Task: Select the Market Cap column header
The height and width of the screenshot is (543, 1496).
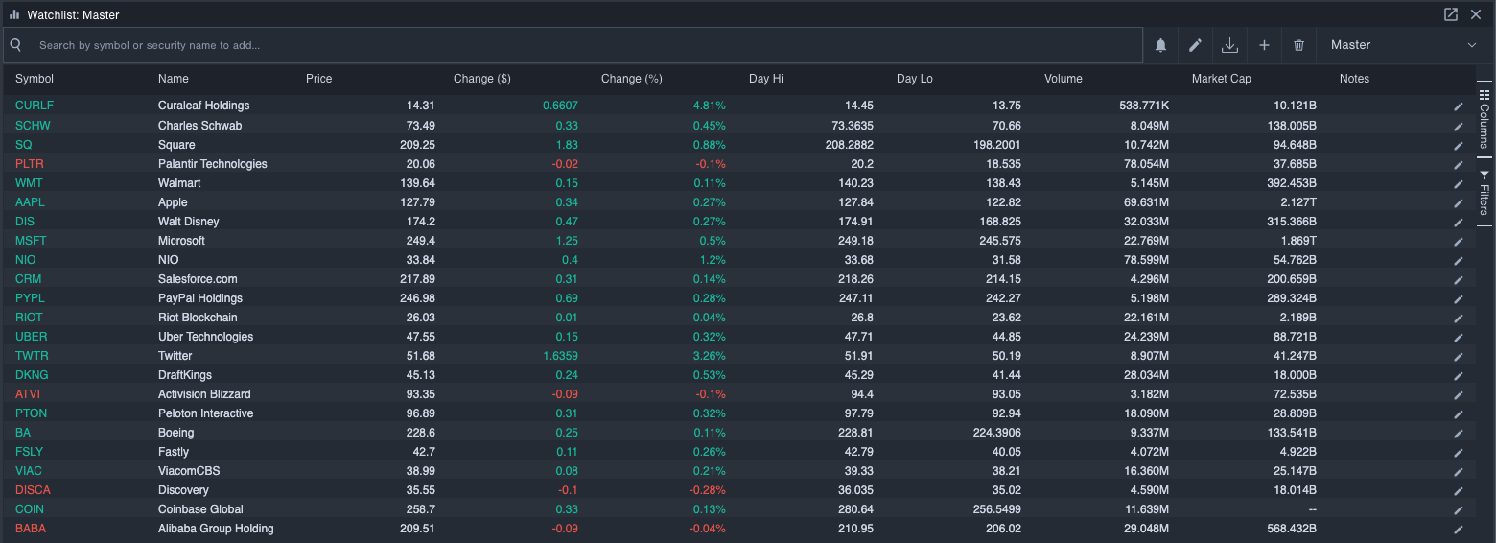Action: pos(1221,79)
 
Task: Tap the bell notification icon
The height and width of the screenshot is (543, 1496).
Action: pos(1160,45)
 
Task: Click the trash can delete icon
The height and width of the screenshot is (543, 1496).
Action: pos(1298,45)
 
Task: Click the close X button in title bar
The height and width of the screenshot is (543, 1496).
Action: pos(1476,14)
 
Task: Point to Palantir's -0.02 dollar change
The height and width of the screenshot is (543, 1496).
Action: pos(565,164)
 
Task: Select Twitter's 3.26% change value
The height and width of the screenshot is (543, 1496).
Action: pos(710,356)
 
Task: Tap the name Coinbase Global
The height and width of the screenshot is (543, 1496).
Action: pos(200,509)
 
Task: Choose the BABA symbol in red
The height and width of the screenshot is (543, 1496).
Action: pos(31,529)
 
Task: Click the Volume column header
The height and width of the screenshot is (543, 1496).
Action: pos(1063,79)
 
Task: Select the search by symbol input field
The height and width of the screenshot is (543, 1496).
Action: pos(575,45)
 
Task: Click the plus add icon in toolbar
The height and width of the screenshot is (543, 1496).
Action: pos(1264,45)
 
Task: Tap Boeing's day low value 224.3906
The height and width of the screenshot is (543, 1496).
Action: pos(993,433)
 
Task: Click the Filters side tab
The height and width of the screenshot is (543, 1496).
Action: pos(1484,194)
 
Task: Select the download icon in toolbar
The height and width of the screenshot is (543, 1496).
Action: pos(1229,45)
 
